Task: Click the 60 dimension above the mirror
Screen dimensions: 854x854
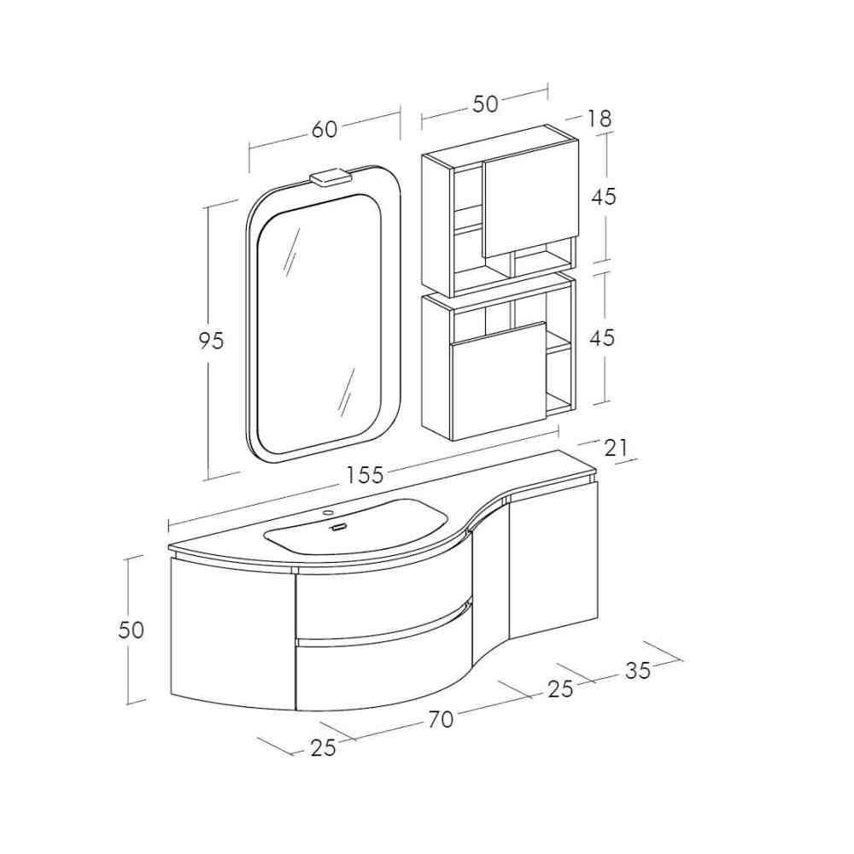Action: (x=325, y=130)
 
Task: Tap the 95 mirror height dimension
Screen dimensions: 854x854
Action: (x=211, y=341)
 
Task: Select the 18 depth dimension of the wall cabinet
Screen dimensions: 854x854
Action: (x=600, y=119)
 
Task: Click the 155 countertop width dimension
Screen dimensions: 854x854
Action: (x=366, y=475)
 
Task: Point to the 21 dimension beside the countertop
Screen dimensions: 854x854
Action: (x=616, y=447)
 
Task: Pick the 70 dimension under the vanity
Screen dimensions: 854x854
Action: (x=441, y=719)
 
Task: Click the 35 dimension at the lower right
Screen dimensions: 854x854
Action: (x=638, y=670)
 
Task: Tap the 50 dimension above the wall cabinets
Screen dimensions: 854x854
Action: (x=485, y=103)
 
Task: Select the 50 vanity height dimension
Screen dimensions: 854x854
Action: (x=132, y=630)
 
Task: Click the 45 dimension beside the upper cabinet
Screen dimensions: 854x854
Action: (x=604, y=196)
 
